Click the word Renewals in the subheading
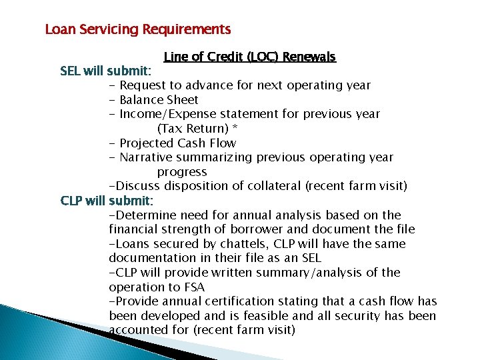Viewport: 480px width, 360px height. (x=309, y=57)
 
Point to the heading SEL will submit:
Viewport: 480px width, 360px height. (x=106, y=71)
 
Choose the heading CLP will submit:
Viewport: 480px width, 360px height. (x=107, y=201)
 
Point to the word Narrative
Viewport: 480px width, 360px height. (x=147, y=157)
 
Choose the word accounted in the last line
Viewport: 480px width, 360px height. (x=137, y=330)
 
